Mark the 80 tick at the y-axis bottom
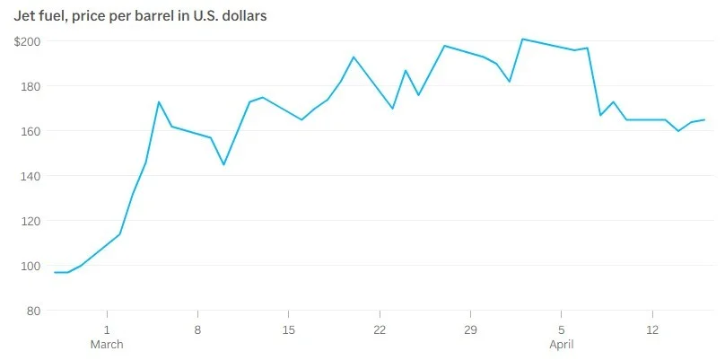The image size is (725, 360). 33,311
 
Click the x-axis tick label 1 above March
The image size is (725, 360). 107,329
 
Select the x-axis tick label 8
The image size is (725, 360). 197,329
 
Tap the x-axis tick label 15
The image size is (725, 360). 288,329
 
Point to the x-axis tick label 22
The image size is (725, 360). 380,329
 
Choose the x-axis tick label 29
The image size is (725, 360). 470,329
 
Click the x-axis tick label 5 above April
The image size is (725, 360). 562,329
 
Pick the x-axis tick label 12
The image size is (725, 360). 652,329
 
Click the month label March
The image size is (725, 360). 107,345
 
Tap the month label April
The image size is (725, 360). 562,345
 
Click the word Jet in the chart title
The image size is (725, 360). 24,15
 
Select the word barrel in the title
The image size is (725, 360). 167,15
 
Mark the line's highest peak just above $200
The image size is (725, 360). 522,40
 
